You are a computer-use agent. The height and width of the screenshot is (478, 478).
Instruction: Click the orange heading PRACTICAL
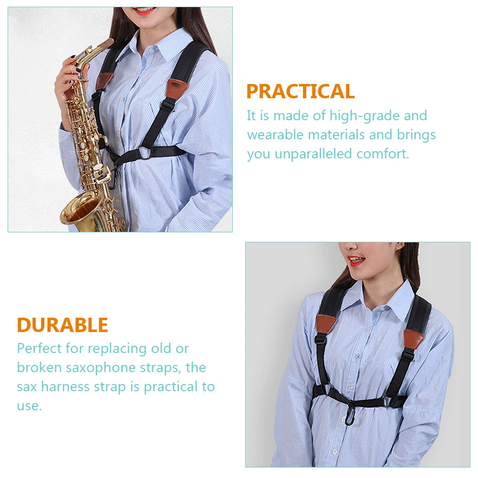pos(300,91)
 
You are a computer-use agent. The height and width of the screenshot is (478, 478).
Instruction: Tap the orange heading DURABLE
pos(62,325)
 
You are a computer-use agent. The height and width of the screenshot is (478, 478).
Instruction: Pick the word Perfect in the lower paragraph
pos(39,348)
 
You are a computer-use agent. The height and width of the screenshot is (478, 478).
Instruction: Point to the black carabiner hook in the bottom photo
pos(349,411)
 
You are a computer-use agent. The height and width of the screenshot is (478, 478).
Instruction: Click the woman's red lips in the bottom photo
pos(355,261)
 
